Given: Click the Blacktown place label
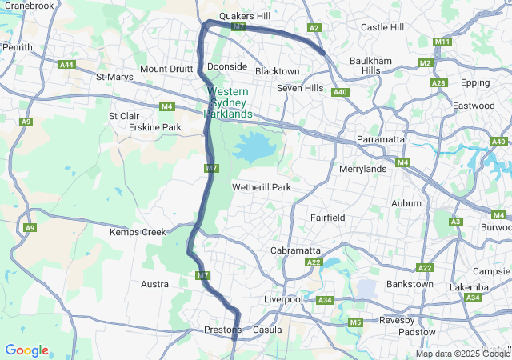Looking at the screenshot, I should coord(277,71).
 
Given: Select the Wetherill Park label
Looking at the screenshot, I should coord(261,187).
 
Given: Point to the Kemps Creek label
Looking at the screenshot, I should coord(137,232).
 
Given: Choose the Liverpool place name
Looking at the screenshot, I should coord(283,299).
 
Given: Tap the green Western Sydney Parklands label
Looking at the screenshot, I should coord(228,103).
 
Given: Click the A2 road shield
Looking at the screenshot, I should coord(314,28).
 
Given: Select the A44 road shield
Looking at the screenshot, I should coord(67,65).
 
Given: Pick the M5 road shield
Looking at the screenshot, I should coord(355,322).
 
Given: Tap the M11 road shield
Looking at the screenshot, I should coord(442,42).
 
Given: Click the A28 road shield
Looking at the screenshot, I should coord(438,83).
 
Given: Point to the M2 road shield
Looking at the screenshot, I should coord(425,62).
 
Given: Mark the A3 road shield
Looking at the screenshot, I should coord(456,222).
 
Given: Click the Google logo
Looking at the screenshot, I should coord(26,350).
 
